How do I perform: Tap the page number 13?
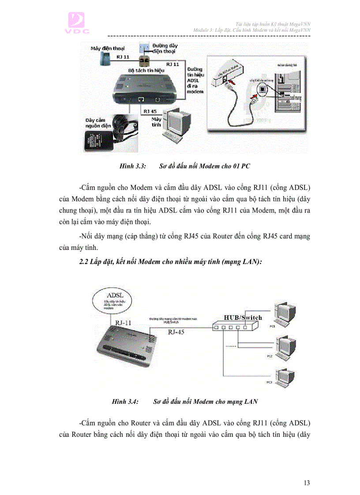click(x=307, y=483)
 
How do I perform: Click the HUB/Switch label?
click(x=243, y=317)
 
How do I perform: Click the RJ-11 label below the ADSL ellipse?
click(x=124, y=323)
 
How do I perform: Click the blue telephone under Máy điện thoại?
click(x=105, y=57)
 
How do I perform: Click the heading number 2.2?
click(x=83, y=262)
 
